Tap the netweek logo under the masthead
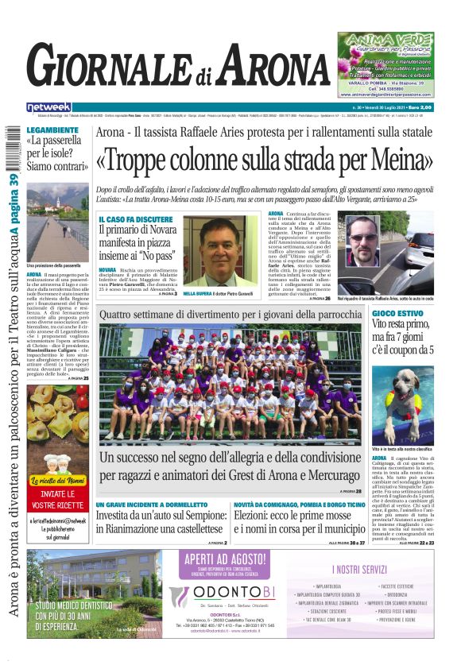49,106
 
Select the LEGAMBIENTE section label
52,129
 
